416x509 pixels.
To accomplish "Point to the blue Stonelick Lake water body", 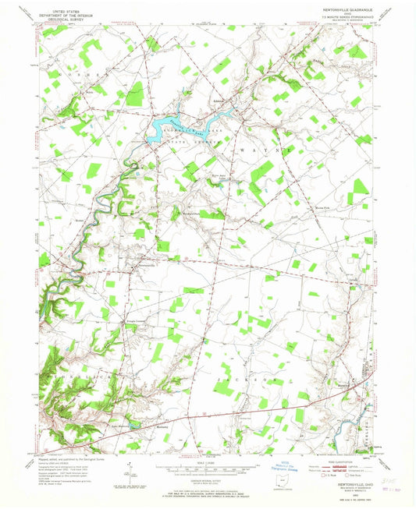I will coord(176,124).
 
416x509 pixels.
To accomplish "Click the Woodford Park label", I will coord(192,214).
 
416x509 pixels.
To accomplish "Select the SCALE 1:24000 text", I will coord(204,465).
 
